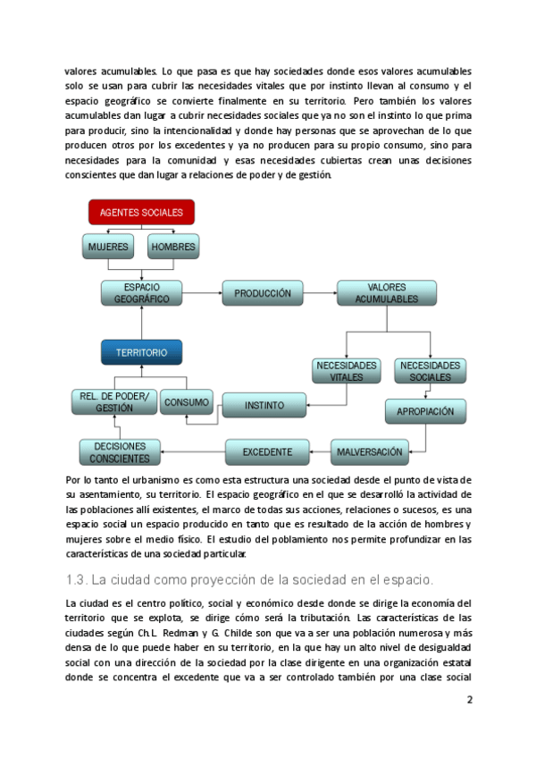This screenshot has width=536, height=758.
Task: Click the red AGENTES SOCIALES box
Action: (x=141, y=212)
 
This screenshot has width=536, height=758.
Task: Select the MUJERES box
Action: (x=107, y=246)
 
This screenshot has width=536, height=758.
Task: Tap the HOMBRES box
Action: (x=173, y=246)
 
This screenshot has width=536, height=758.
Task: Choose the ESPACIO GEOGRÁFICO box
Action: (x=141, y=293)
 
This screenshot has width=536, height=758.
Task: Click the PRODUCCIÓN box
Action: (x=263, y=293)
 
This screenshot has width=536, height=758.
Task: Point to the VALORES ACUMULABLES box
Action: (x=386, y=293)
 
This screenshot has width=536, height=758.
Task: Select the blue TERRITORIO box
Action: (x=141, y=352)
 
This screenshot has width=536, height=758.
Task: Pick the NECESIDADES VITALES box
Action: (x=347, y=371)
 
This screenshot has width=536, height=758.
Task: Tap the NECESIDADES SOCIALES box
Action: (x=430, y=371)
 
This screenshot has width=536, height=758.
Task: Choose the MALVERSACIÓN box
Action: (x=370, y=451)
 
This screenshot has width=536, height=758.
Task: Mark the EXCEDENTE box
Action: (x=267, y=451)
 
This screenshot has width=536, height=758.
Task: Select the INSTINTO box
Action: (x=264, y=405)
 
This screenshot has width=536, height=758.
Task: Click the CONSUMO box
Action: (x=187, y=402)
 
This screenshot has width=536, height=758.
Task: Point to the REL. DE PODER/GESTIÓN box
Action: (x=113, y=402)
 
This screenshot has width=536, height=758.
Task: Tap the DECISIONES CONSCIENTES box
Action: (x=120, y=452)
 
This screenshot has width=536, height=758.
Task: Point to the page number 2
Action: (x=470, y=701)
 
